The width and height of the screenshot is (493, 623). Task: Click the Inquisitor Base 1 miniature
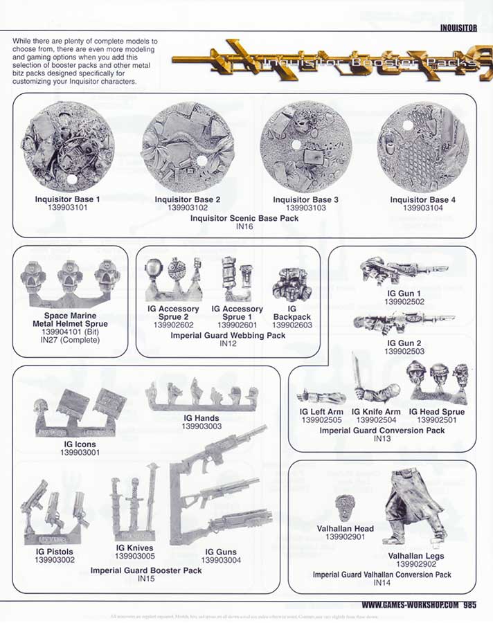(69, 147)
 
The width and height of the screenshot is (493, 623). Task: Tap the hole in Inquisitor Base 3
(296, 146)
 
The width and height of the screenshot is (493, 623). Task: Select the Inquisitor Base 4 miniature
(423, 147)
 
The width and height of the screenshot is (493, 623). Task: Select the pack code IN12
(228, 343)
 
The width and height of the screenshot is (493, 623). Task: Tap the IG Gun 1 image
(403, 271)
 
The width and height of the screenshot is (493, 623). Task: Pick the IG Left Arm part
(321, 397)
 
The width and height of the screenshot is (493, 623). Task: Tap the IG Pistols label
(54, 552)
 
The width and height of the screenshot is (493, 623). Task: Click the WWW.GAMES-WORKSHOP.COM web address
(411, 604)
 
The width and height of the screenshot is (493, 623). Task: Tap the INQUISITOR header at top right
(458, 28)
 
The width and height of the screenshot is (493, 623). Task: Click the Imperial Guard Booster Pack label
(146, 570)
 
